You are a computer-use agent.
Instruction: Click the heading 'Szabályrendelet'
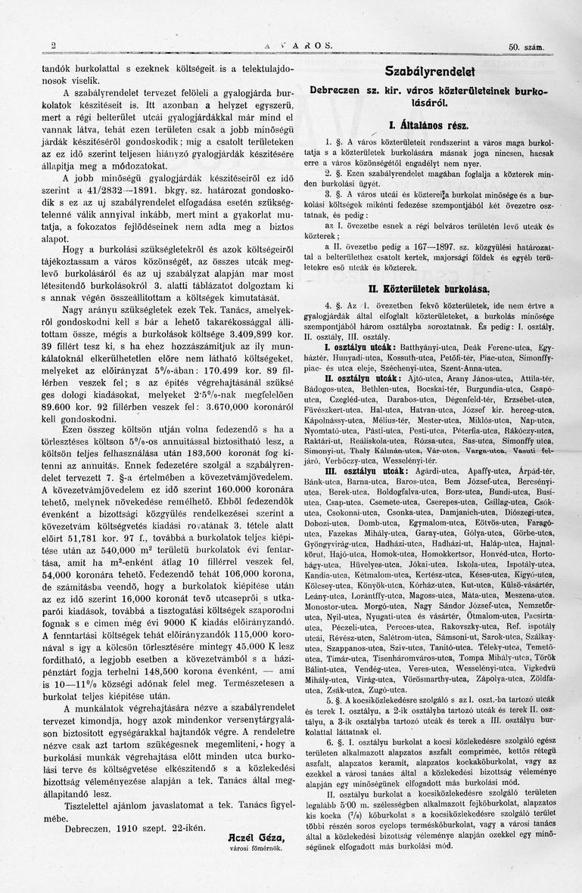coord(429,73)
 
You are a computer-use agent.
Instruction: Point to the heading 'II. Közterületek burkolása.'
coord(429,290)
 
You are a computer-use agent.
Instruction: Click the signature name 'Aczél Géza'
coord(256,837)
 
